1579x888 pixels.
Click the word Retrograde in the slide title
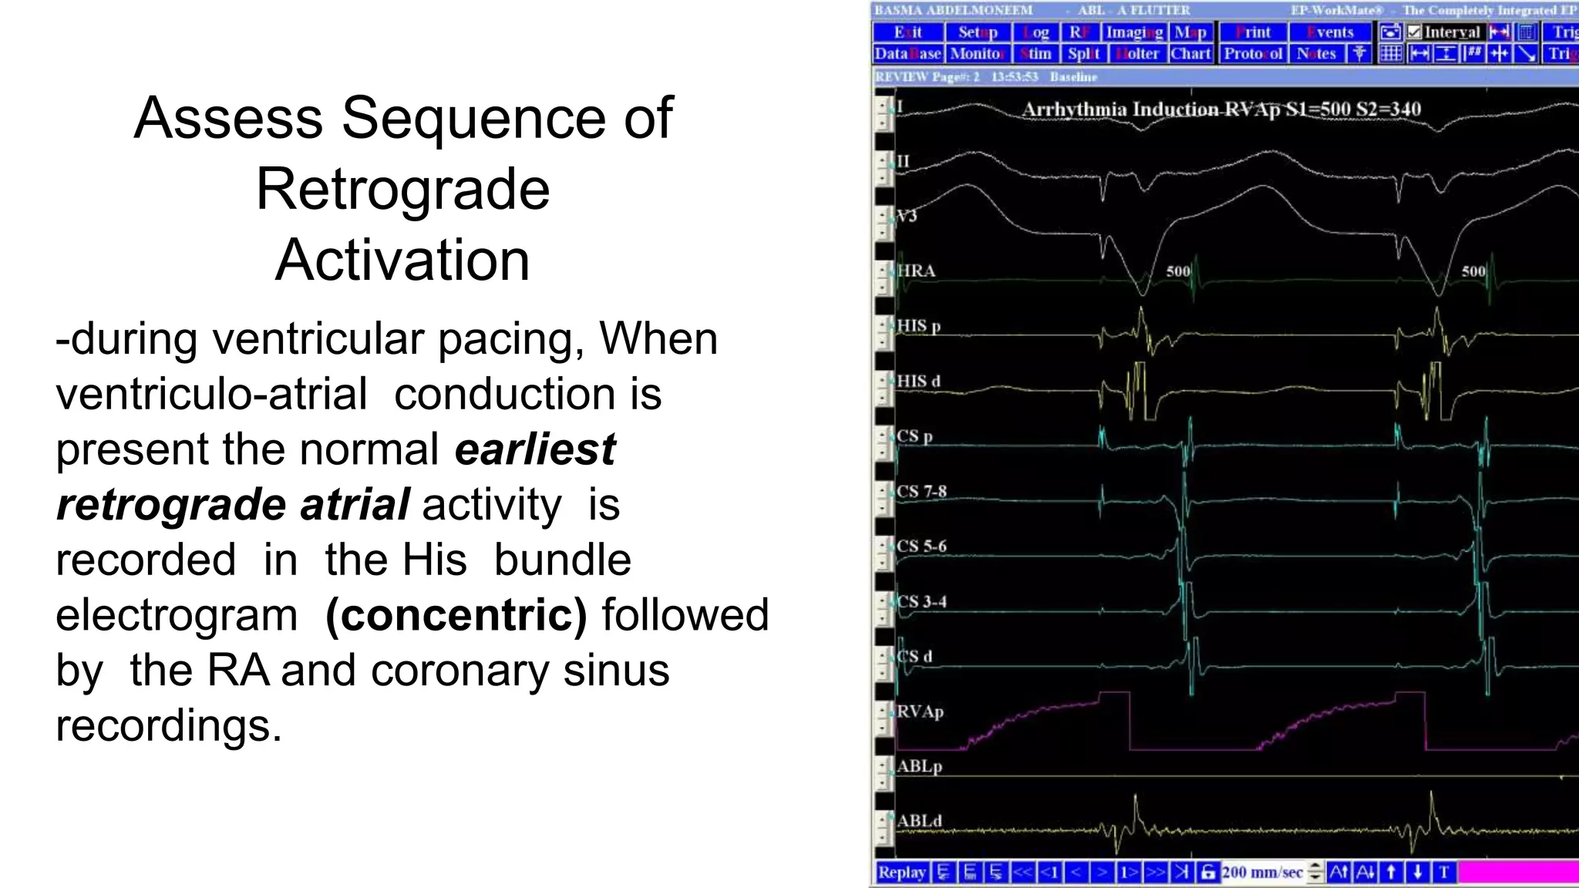(402, 190)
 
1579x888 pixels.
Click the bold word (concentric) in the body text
(456, 615)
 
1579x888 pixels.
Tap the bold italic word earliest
(535, 449)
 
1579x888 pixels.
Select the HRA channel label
(916, 271)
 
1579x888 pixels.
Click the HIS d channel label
(918, 381)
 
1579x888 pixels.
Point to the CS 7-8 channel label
(921, 491)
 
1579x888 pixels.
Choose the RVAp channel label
(920, 711)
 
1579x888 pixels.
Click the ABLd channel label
(919, 821)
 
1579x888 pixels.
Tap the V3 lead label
(907, 216)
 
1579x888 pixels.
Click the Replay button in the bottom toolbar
(901, 872)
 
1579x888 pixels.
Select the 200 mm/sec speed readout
(1263, 872)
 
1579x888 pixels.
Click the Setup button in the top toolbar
(978, 32)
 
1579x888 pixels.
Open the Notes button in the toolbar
(1316, 54)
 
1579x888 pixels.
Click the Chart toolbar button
(1190, 54)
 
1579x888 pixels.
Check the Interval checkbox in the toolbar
(1414, 32)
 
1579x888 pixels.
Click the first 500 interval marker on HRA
(1178, 271)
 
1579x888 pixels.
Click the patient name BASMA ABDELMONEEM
(953, 10)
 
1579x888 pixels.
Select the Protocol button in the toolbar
(1253, 54)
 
